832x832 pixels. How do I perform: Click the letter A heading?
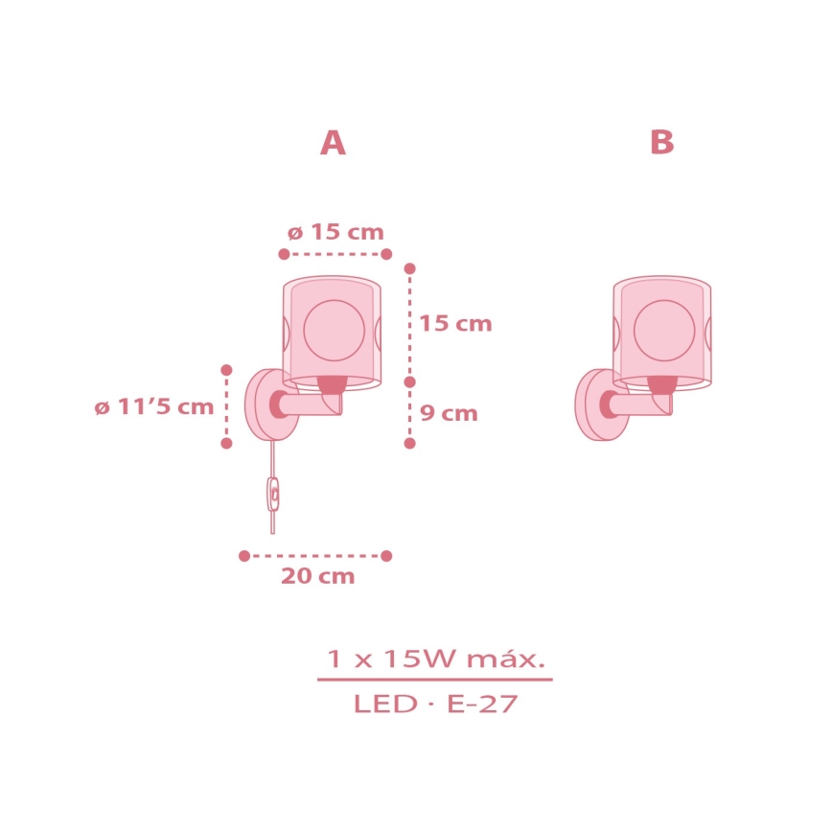(333, 144)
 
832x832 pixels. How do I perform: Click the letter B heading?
(661, 144)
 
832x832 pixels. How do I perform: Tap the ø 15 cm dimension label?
(335, 232)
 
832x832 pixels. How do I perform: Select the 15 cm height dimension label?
(455, 324)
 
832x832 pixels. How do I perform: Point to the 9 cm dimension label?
(449, 414)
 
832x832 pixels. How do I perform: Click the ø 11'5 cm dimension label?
(154, 407)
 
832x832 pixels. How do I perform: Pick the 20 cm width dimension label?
(317, 577)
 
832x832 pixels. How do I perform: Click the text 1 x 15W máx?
(435, 659)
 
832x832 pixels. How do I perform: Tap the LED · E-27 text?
(435, 705)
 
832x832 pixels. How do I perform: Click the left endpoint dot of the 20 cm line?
(244, 556)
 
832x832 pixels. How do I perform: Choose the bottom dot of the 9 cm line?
(409, 443)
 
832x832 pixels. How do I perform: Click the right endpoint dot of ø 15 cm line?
(386, 254)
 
